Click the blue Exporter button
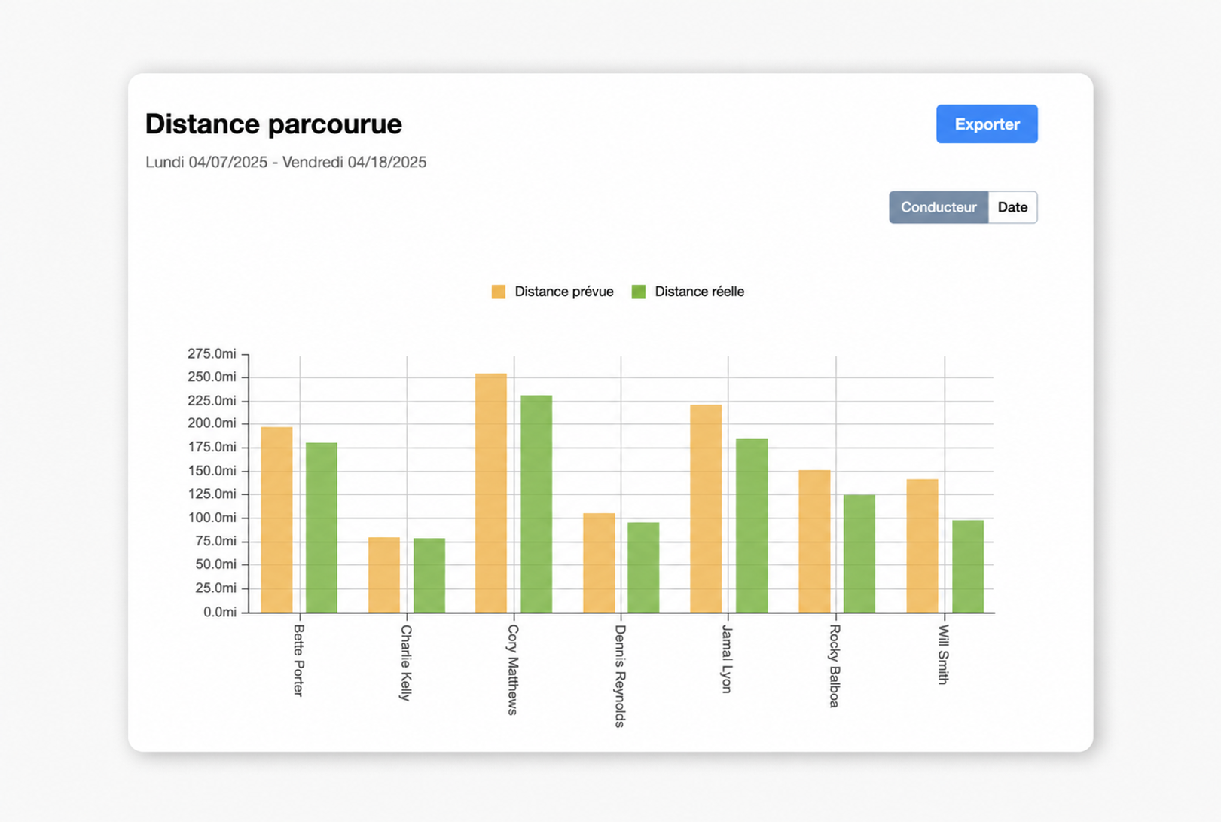click(987, 124)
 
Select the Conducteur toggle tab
click(938, 207)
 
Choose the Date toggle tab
click(1012, 207)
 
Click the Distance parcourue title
click(273, 124)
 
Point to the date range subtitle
click(285, 163)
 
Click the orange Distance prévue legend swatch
click(498, 292)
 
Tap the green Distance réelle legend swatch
click(638, 292)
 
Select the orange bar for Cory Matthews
click(491, 493)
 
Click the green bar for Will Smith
click(968, 567)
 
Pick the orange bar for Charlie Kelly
click(384, 575)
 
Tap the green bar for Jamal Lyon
click(752, 525)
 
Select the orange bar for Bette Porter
click(277, 519)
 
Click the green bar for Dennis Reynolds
click(643, 567)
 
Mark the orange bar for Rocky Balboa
click(814, 541)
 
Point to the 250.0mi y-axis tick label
click(212, 377)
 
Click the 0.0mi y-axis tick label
click(220, 612)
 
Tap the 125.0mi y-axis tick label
click(212, 494)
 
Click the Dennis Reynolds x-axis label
click(621, 676)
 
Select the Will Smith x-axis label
click(944, 654)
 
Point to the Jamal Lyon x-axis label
click(727, 659)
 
